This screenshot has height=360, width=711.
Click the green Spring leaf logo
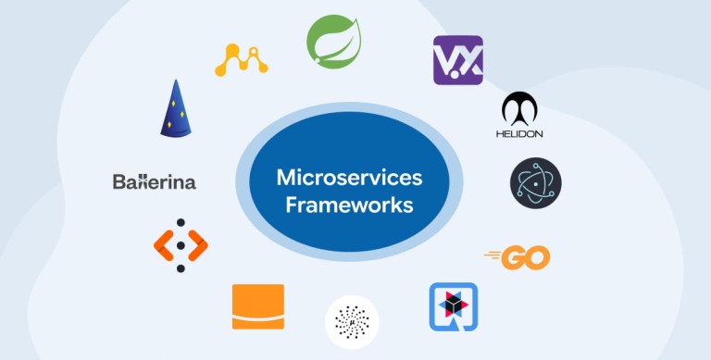(x=333, y=42)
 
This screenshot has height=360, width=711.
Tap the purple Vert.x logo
(x=458, y=60)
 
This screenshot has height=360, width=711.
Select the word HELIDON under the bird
(x=519, y=134)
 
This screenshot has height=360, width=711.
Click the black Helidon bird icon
(x=519, y=109)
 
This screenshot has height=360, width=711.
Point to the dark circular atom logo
(x=535, y=183)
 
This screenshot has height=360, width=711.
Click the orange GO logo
(x=518, y=257)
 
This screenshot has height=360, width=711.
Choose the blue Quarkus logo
(x=454, y=307)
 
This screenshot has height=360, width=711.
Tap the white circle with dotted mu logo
(x=352, y=322)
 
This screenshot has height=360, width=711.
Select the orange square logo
(x=258, y=306)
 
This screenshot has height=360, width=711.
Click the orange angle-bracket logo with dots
(x=181, y=245)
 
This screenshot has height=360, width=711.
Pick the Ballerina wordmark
(x=155, y=181)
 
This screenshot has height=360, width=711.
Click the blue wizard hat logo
(x=176, y=108)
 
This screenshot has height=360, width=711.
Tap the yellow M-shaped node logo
(x=242, y=60)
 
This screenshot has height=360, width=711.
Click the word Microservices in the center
(x=349, y=178)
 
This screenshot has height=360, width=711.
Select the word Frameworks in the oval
(x=349, y=205)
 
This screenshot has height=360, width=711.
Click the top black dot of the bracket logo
(x=181, y=223)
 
